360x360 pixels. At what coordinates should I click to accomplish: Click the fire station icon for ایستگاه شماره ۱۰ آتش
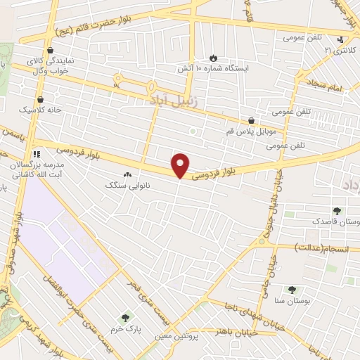pyautogui.click(x=213, y=57)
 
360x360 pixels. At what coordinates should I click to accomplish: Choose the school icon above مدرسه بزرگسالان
pyautogui.click(x=37, y=154)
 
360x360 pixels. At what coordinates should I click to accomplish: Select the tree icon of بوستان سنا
pyautogui.click(x=292, y=288)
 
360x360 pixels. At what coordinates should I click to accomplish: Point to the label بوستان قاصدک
pyautogui.click(x=338, y=222)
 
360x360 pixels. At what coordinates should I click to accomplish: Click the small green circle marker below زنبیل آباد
pyautogui.click(x=192, y=131)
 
